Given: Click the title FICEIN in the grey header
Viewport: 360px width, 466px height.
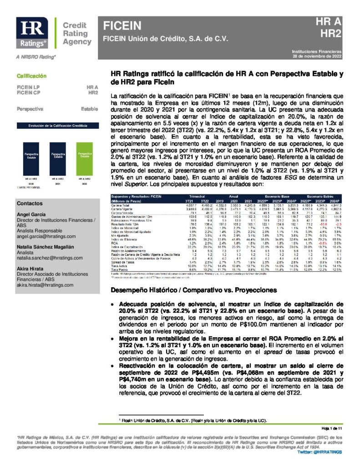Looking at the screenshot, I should pyautogui.click(x=122, y=25).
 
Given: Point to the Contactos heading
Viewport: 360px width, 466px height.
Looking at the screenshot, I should pyautogui.click(x=30, y=203).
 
